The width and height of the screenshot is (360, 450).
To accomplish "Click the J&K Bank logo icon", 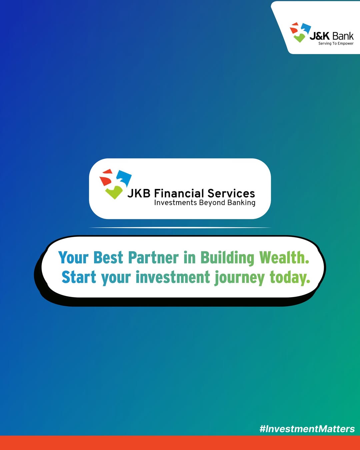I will (300, 32).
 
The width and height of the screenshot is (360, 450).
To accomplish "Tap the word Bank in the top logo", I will (343, 36).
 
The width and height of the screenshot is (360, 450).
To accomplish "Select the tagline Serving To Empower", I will (336, 43).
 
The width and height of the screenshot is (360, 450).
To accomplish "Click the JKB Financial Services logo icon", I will (115, 184).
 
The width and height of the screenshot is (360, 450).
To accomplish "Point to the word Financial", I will (179, 193).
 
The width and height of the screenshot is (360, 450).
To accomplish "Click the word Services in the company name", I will (231, 193).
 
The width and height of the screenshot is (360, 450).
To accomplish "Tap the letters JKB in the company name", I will (139, 193).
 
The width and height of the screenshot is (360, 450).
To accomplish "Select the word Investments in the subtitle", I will (176, 203).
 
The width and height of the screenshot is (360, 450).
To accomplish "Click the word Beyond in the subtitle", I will (212, 203).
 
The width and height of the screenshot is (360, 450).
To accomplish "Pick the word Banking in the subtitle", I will (241, 203).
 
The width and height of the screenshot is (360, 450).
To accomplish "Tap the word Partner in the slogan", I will (153, 258).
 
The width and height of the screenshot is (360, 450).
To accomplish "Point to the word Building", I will (227, 258).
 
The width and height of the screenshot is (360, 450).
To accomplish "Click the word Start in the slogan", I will (79, 277).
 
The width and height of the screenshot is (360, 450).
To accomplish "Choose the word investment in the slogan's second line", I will (173, 277).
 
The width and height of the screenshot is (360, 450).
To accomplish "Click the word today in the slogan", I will (288, 277).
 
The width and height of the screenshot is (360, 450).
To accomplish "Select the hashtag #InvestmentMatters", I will (307, 429).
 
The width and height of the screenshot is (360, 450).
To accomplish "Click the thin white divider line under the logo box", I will (180, 228).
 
